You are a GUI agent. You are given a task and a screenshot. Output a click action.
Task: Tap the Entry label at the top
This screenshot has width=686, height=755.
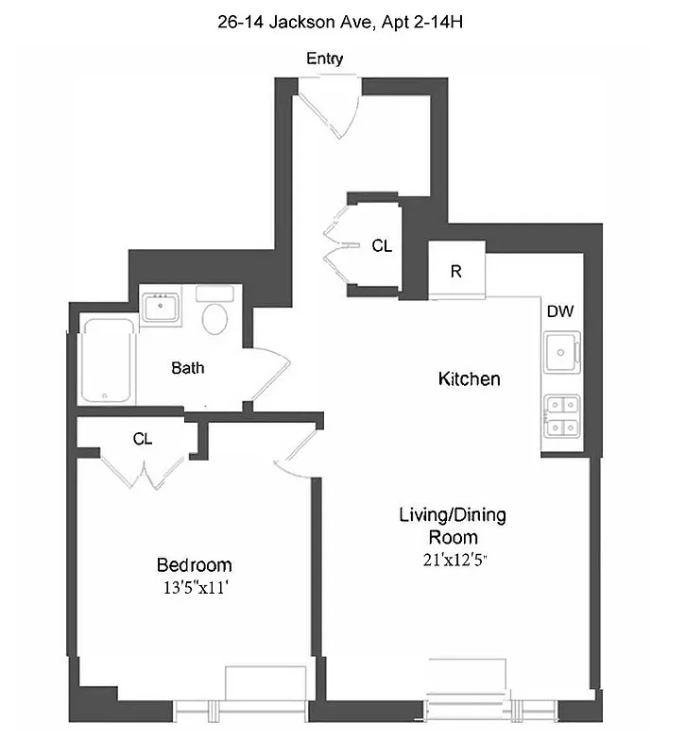click(324, 59)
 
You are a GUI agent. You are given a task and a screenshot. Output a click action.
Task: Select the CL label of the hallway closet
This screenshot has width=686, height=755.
click(381, 246)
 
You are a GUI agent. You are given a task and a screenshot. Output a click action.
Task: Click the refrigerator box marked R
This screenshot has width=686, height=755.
click(456, 271)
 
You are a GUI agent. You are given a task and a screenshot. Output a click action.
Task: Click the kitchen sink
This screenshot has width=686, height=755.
click(561, 353)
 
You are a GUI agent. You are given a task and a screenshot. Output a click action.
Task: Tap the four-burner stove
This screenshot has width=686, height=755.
click(561, 416)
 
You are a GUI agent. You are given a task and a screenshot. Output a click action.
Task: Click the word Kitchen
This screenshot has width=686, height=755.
click(469, 379)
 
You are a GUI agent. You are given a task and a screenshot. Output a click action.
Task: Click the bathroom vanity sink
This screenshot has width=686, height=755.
click(164, 307)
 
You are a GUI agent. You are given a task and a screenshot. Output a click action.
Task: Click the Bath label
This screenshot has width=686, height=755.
click(187, 368)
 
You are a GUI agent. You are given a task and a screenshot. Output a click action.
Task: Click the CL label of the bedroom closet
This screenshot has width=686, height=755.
click(143, 439)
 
